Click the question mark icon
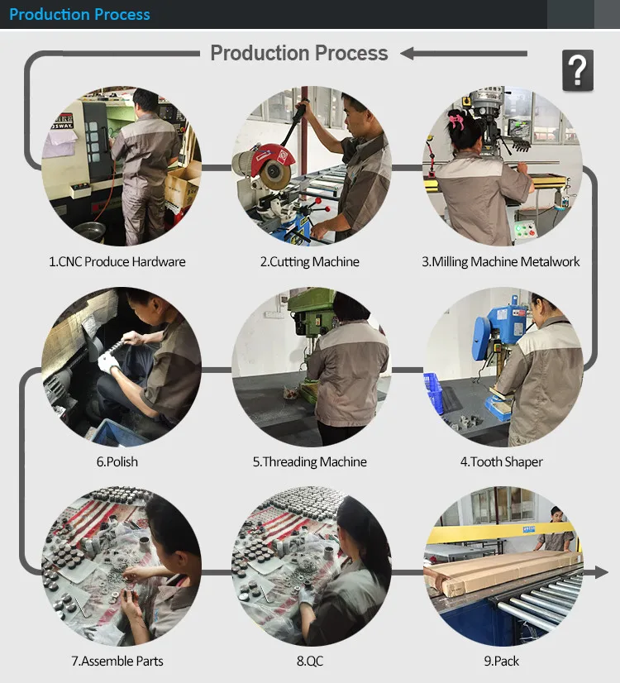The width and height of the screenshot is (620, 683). pos(578,70)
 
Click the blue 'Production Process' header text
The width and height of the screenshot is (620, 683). pos(79,14)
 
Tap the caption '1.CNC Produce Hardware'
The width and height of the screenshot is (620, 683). pos(117,262)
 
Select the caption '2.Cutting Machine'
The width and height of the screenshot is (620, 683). pos(309,262)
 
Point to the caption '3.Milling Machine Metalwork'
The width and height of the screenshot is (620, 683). pos(501,262)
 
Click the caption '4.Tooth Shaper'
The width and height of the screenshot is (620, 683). pos(502,461)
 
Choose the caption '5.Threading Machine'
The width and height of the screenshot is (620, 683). pos(309,461)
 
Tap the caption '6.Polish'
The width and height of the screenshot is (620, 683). pos(117,461)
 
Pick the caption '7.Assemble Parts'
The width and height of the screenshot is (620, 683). pos(117,662)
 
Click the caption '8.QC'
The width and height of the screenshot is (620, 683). pos(310,662)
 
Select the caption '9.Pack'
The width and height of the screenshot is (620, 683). pos(502,662)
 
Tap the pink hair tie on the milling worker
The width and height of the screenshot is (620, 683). pos(456,120)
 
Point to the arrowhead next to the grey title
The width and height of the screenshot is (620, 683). pos(407,54)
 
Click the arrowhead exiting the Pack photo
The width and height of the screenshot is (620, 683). pos(601,572)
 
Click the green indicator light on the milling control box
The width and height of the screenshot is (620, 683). pos(518,229)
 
